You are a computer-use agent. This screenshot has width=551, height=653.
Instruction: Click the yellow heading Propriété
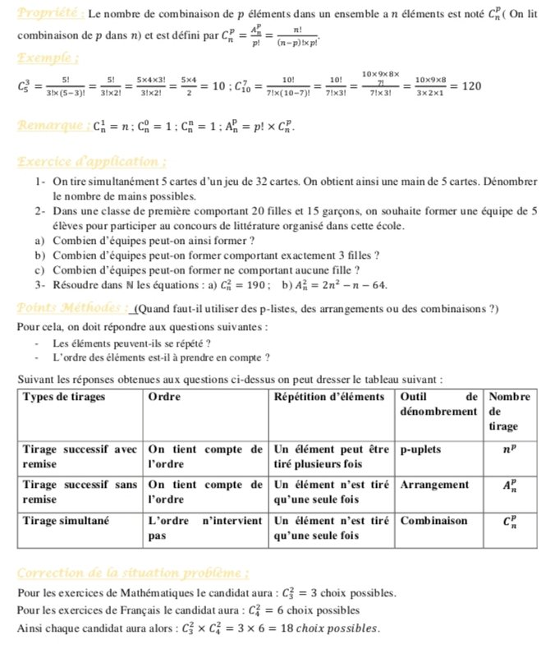click(x=48, y=14)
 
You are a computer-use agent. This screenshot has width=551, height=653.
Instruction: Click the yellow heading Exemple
click(x=48, y=58)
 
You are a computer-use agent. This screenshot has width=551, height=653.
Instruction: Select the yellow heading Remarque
click(x=54, y=126)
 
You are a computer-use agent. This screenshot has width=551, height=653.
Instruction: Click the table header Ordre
click(x=164, y=396)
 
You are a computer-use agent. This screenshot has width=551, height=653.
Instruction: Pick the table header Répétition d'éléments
click(x=328, y=396)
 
